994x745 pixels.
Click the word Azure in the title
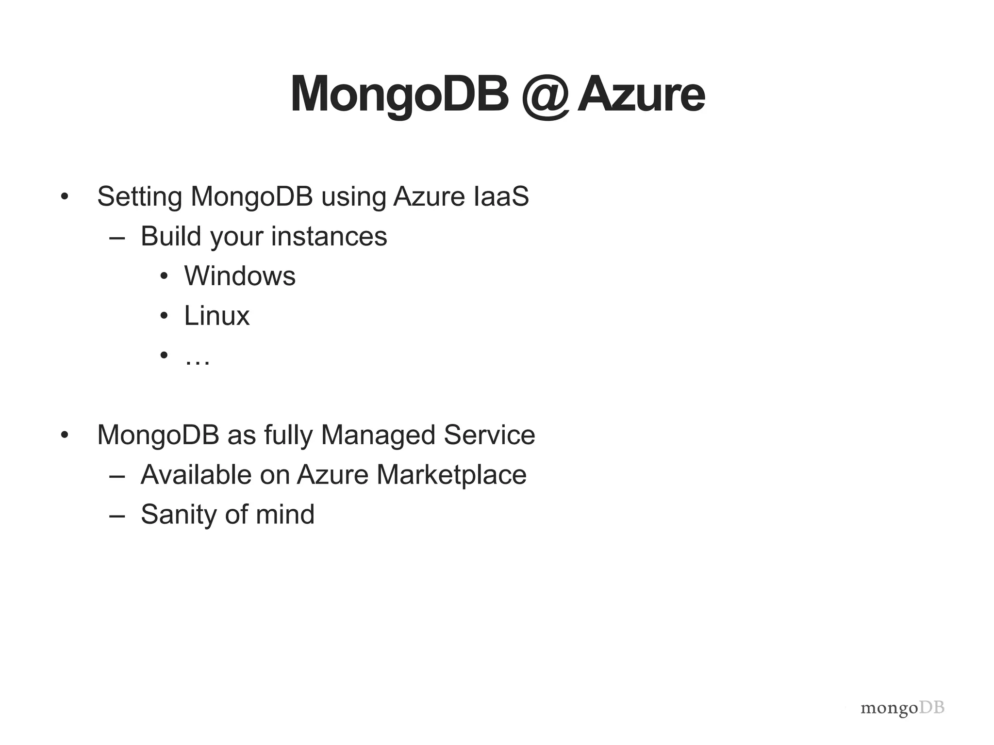tap(641, 95)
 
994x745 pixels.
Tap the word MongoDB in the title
tap(399, 96)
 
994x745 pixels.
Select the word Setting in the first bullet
tap(140, 197)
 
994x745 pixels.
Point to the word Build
tap(170, 236)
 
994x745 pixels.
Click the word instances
tap(329, 237)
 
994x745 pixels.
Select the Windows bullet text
tap(240, 276)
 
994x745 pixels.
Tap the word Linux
tap(216, 316)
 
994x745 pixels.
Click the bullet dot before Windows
tap(164, 276)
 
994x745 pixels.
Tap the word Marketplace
tap(451, 474)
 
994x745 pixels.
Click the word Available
tap(196, 474)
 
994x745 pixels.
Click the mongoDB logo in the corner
tap(902, 709)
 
